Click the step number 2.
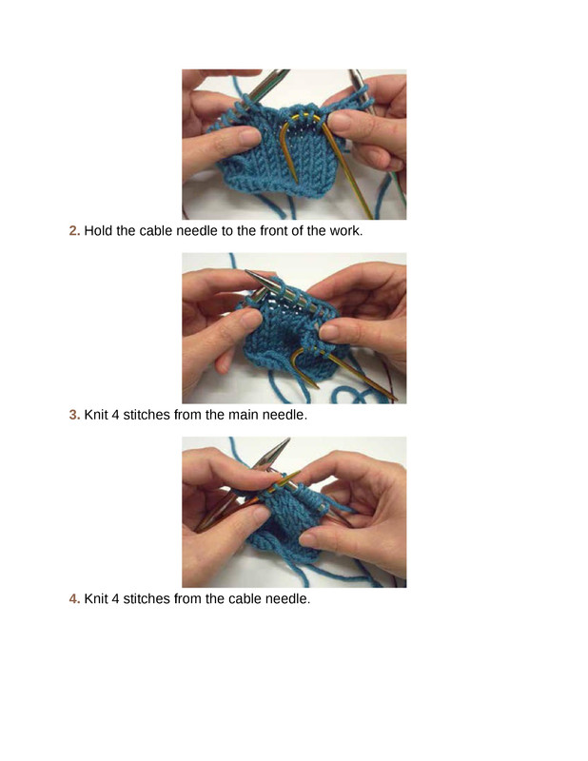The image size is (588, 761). tap(74, 230)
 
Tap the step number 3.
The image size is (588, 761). tap(74, 415)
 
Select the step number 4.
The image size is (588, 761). tap(74, 599)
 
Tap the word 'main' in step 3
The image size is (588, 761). tap(244, 415)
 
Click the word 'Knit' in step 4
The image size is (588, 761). tap(96, 599)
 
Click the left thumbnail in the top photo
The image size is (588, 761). tap(249, 137)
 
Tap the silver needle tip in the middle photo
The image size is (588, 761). tap(252, 276)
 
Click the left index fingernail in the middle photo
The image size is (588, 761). tap(251, 320)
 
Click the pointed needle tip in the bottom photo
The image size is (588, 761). tap(285, 442)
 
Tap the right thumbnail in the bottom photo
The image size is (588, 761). tap(309, 538)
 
